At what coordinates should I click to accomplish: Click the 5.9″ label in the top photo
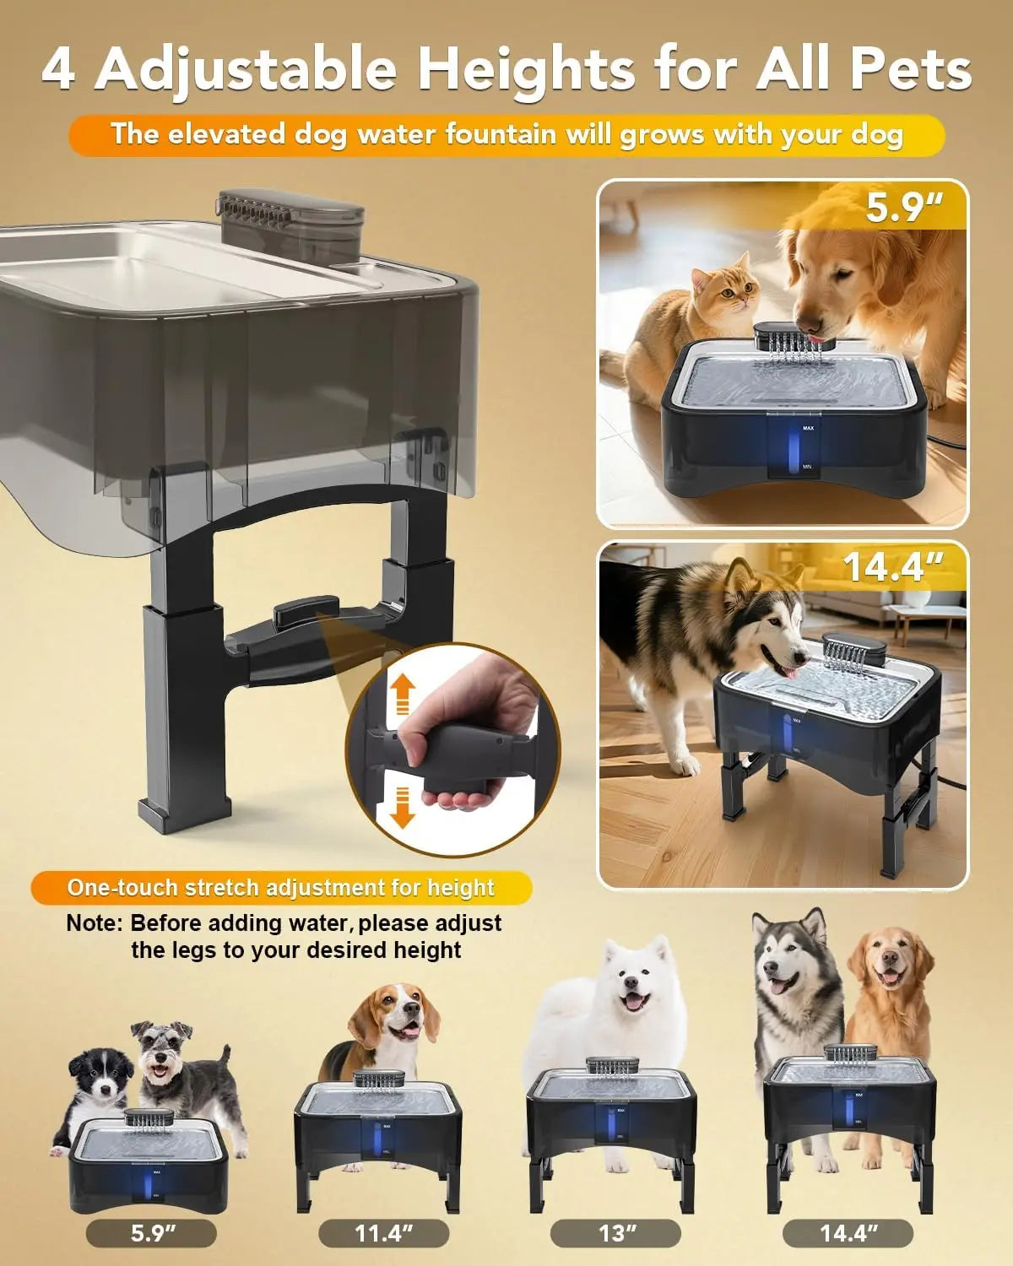pos(904,208)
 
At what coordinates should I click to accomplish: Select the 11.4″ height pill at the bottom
pos(383,1234)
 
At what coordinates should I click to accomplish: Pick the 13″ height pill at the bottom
pos(615,1234)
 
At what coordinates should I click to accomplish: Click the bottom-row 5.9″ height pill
pos(151,1234)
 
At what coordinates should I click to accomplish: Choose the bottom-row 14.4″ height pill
pos(848,1234)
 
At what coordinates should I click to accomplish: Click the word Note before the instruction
pos(94,923)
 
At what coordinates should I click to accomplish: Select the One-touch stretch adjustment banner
pos(281,888)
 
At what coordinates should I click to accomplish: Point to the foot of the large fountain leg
pos(184,814)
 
